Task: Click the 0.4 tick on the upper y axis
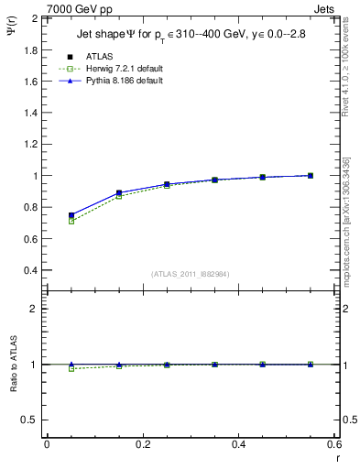[x=30, y=270]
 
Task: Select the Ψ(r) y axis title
[x=12, y=37]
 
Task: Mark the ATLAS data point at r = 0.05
[x=71, y=215]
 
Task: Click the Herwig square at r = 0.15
[x=119, y=196]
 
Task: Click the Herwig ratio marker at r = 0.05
[x=71, y=368]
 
